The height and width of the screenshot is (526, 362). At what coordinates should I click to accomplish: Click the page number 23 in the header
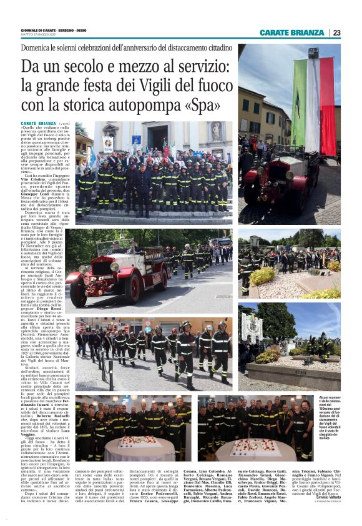pyautogui.click(x=336, y=32)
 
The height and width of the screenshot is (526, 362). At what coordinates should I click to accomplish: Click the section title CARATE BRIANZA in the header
pyautogui.click(x=293, y=32)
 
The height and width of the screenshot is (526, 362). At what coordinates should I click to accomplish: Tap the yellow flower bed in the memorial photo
pyautogui.click(x=263, y=275)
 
